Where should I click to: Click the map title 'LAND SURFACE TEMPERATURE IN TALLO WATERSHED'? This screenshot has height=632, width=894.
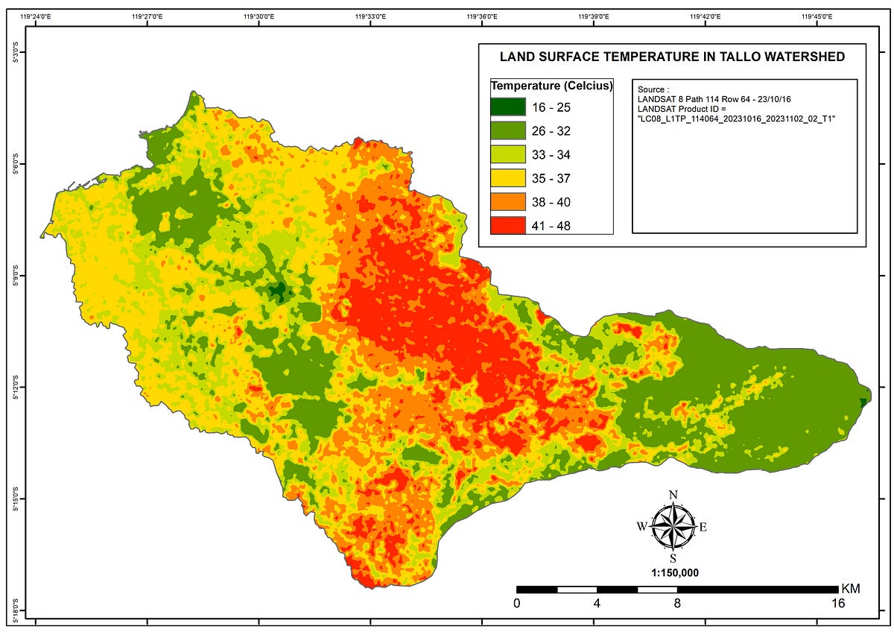[671, 57]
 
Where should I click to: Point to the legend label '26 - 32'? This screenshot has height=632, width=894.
[551, 131]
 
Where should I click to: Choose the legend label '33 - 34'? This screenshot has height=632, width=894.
[551, 155]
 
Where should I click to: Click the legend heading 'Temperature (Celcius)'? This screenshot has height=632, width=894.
[551, 86]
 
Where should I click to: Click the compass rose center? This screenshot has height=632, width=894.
[673, 526]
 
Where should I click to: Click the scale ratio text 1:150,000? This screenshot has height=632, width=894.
[673, 572]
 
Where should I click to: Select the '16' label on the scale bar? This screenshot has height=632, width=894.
[838, 604]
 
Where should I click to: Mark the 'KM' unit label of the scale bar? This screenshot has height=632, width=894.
[850, 589]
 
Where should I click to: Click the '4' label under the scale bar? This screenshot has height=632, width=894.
[597, 604]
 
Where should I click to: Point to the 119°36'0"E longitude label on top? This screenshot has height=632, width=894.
[482, 16]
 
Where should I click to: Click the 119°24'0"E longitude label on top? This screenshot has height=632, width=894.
[37, 16]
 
